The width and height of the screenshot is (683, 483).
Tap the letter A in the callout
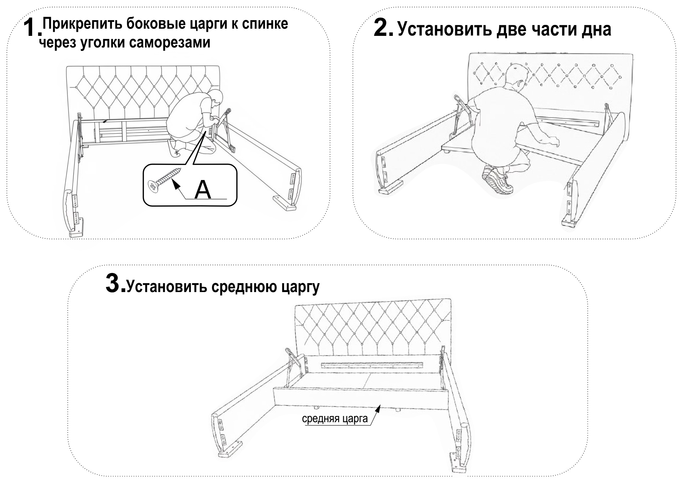[203, 190]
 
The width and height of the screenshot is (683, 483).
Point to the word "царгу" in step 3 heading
[301, 287]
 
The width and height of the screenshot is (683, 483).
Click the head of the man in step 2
[514, 76]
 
